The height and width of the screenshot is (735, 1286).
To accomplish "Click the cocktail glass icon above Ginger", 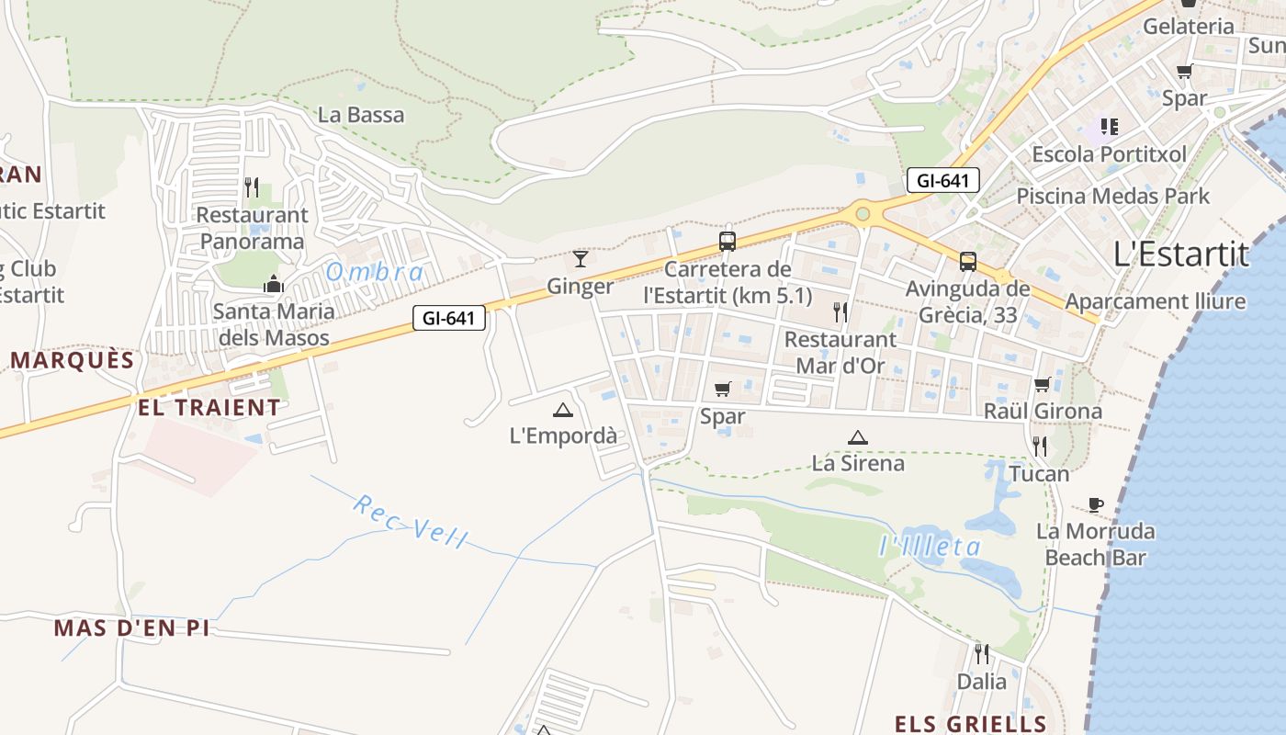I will coord(580,258).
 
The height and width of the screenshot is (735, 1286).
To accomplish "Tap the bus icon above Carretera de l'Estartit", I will coord(728,242).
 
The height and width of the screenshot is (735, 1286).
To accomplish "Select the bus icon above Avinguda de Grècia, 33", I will coord(967,262).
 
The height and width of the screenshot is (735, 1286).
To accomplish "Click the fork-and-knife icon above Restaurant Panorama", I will coord(252,187).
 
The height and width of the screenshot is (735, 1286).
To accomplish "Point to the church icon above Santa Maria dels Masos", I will coord(273,284).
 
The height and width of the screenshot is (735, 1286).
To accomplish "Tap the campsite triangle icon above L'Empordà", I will coord(563,410).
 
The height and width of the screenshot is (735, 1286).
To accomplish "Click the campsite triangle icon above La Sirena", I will coord(857,437).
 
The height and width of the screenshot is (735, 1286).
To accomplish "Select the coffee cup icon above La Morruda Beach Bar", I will coord(1095,504).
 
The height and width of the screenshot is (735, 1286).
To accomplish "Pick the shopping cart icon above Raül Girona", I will coord(1042,384).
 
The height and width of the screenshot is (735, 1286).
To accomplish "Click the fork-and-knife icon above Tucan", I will coord(1040,447).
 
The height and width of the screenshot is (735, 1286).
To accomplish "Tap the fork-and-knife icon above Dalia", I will coord(982,654).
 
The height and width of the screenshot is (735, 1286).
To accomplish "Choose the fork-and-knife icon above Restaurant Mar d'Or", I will coord(840,312).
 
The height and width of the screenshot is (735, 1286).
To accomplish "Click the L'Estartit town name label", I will coord(1181,254).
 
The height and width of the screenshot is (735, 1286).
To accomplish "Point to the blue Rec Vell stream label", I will coord(411,521).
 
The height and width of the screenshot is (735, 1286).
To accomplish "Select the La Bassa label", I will coord(361,115).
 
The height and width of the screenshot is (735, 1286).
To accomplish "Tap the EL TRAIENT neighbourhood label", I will coord(209,407).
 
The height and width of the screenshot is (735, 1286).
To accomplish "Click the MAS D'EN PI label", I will coord(131,628).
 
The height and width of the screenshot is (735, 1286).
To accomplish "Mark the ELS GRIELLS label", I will coord(971,723).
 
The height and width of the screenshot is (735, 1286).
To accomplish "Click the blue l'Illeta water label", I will coord(931,547).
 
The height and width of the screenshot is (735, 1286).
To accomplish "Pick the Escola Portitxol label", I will coord(1109,153).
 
